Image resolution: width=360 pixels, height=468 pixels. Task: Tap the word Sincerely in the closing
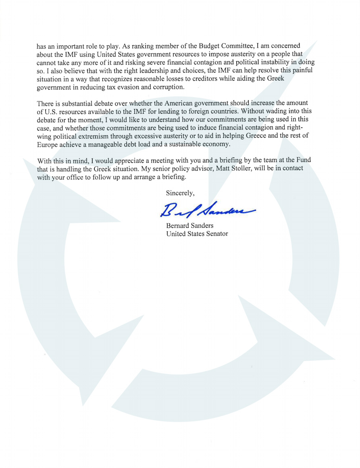(x=180, y=193)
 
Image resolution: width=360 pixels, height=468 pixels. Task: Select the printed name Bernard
(x=177, y=226)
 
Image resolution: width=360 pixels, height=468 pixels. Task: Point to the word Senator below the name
(x=216, y=234)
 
